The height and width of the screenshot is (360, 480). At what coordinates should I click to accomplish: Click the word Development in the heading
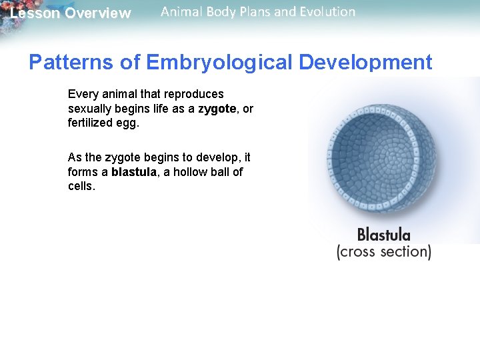click(365, 63)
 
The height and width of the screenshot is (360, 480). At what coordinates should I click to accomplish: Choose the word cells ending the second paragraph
click(81, 187)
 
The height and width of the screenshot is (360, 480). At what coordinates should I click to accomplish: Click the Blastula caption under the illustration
click(383, 235)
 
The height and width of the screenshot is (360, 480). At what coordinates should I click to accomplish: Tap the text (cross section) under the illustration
click(383, 252)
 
